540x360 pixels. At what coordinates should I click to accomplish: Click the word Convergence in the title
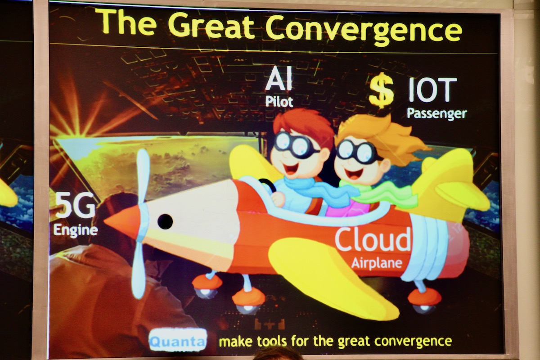(x=364, y=28)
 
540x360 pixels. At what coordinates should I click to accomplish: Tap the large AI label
(x=279, y=78)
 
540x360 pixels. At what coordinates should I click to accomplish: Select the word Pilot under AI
(x=279, y=102)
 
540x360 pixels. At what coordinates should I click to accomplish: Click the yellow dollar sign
(x=382, y=90)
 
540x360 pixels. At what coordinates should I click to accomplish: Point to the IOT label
(x=432, y=90)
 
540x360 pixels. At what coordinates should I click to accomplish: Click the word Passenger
(x=437, y=113)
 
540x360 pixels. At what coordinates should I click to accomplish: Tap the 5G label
(x=75, y=205)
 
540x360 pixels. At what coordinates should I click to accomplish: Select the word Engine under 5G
(x=76, y=230)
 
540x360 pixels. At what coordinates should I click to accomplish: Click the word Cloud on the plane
(x=373, y=239)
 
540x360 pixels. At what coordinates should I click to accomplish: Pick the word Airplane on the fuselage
(x=377, y=263)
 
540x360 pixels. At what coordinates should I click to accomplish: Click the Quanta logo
(x=178, y=341)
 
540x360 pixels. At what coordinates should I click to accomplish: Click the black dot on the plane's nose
(x=165, y=221)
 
